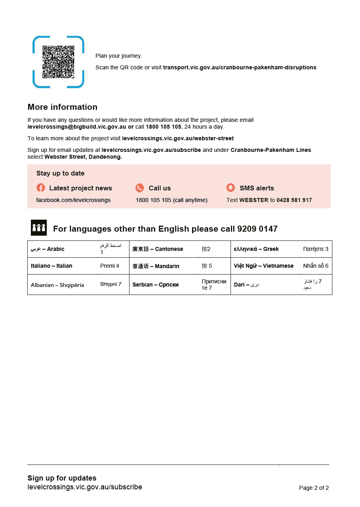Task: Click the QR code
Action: point(59,62)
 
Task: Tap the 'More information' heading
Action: point(62,107)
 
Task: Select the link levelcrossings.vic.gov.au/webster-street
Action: point(178,138)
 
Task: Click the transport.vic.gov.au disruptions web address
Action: point(239,67)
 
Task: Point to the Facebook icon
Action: point(41,188)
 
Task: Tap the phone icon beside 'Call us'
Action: point(140,188)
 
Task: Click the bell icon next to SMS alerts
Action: point(231,188)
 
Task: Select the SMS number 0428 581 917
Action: point(294,200)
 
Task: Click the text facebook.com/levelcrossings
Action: point(73,200)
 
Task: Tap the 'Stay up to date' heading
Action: point(60,173)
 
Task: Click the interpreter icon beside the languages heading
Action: point(39,228)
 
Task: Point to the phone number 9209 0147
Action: point(257,229)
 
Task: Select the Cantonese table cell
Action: point(158,249)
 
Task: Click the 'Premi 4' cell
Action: point(109,266)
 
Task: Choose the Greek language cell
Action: point(256,249)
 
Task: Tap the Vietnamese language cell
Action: point(263,266)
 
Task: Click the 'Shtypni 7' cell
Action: point(111,284)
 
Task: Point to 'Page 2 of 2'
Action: point(313,488)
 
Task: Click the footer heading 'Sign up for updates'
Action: point(62,478)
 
